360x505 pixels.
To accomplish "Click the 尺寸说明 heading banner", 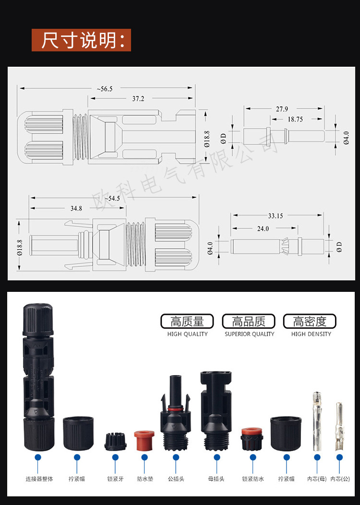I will [81, 40].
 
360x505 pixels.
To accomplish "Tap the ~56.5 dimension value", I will [104, 89].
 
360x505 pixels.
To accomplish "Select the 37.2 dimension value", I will [138, 98].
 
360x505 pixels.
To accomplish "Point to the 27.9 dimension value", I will [282, 109].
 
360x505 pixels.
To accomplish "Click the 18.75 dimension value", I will [295, 120].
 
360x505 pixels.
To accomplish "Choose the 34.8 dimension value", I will [76, 208].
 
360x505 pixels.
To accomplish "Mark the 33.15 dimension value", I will [275, 216].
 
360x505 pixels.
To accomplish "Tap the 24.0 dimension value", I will [263, 228].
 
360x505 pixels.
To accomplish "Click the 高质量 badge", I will [188, 321].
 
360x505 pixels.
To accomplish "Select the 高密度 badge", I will [310, 321].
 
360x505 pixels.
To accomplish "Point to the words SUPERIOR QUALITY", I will [250, 334].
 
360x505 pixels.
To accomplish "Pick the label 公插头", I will [176, 479].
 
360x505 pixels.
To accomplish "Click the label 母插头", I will [216, 479].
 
